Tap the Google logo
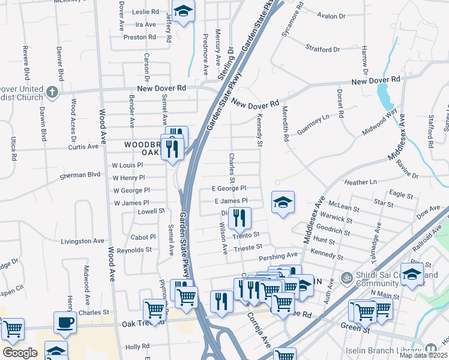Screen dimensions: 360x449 (20, 353)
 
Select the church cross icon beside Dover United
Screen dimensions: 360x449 (52, 92)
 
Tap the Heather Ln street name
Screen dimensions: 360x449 (360, 181)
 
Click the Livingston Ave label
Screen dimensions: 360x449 (82, 241)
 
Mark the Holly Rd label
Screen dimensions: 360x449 (137, 347)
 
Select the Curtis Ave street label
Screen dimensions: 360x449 (83, 146)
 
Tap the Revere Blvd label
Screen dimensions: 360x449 (26, 62)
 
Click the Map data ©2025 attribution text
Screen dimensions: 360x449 (423, 355)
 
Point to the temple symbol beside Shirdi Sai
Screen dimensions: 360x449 (345, 278)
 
